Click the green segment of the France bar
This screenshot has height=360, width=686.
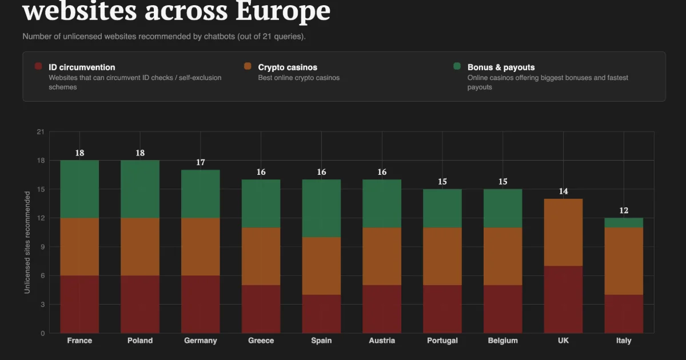(x=79, y=189)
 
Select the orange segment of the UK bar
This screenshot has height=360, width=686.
(x=563, y=233)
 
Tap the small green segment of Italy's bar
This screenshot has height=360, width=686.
(x=624, y=223)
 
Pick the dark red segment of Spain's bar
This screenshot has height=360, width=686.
(x=321, y=314)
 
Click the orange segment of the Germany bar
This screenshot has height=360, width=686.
(x=201, y=247)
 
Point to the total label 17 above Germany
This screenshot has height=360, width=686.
(x=201, y=162)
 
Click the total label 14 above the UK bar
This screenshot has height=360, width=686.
(x=563, y=191)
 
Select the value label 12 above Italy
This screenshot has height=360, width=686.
(x=624, y=211)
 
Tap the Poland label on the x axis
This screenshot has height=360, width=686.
(x=140, y=341)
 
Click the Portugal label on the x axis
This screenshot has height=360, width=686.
(x=442, y=341)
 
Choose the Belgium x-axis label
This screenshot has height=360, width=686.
(x=503, y=341)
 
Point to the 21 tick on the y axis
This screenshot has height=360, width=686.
(x=41, y=132)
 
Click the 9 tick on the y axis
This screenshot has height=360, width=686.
(x=42, y=247)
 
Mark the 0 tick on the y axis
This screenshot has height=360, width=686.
(x=42, y=333)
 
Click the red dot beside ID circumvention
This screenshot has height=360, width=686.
(x=38, y=66)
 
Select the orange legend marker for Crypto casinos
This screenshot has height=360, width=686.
(x=248, y=66)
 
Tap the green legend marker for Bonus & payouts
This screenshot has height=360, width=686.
(x=457, y=66)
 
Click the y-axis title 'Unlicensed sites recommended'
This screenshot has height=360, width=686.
(x=27, y=242)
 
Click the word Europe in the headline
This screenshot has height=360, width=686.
(x=283, y=11)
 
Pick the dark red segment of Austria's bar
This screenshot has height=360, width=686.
(x=382, y=309)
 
